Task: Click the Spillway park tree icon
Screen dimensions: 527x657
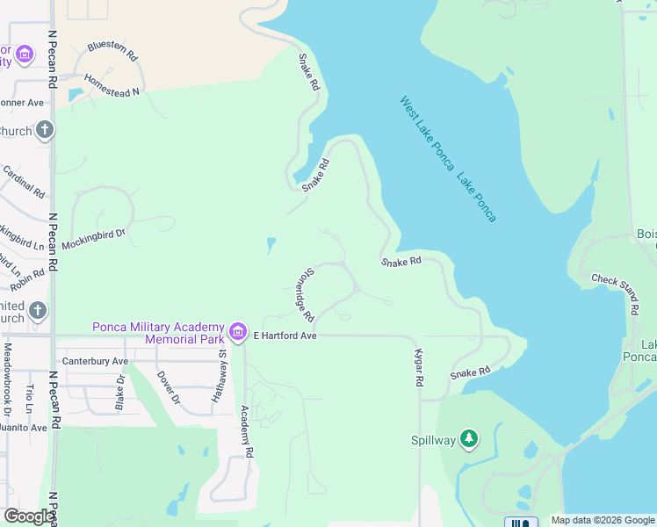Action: tap(469, 438)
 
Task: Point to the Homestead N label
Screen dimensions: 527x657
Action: tap(113, 92)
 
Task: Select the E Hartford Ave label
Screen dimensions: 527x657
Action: tap(285, 336)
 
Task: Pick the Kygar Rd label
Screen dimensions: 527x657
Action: tap(419, 368)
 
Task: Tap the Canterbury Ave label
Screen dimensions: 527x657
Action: tap(95, 361)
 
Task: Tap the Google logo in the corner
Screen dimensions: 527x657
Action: tap(28, 516)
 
